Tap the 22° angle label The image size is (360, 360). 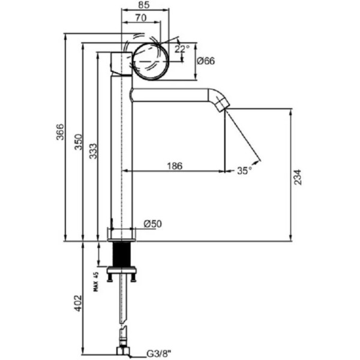(182, 49)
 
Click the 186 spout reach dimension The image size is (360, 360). (174, 166)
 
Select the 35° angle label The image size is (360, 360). (244, 170)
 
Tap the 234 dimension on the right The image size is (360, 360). (298, 175)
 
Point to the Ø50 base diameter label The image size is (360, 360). (152, 224)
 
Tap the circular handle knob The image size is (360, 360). (149, 61)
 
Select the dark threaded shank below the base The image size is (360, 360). (122, 254)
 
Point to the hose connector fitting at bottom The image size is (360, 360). (123, 350)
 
